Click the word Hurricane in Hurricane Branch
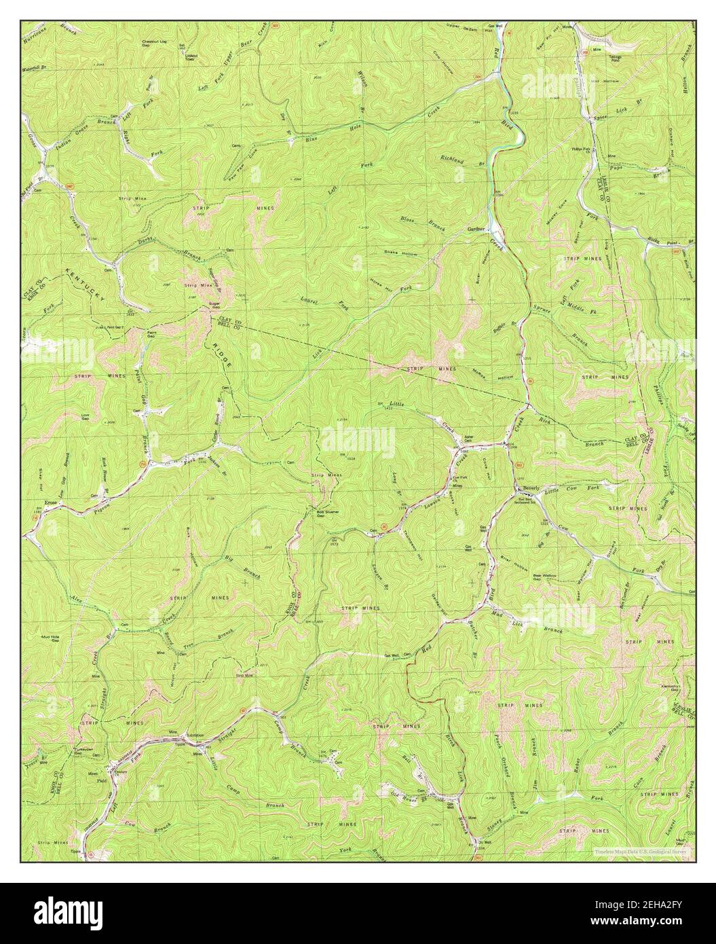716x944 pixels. point(39,32)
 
